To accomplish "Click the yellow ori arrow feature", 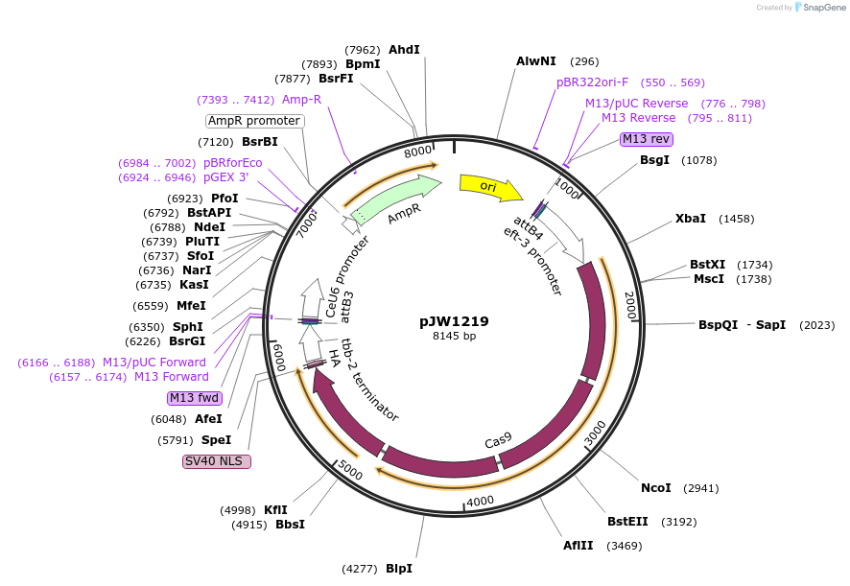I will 489,186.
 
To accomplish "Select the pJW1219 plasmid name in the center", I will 454,321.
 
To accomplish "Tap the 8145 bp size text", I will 454,336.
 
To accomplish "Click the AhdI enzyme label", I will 404,50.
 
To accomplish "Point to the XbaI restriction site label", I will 690,219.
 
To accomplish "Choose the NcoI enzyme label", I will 655,488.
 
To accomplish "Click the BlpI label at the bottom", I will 399,569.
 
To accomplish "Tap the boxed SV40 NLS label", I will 216,461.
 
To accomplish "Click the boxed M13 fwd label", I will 193,398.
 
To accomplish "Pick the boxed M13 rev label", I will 646,139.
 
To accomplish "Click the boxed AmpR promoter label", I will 254,121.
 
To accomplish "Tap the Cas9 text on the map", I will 498,439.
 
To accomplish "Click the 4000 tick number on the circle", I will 479,500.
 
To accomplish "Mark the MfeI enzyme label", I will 191,306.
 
